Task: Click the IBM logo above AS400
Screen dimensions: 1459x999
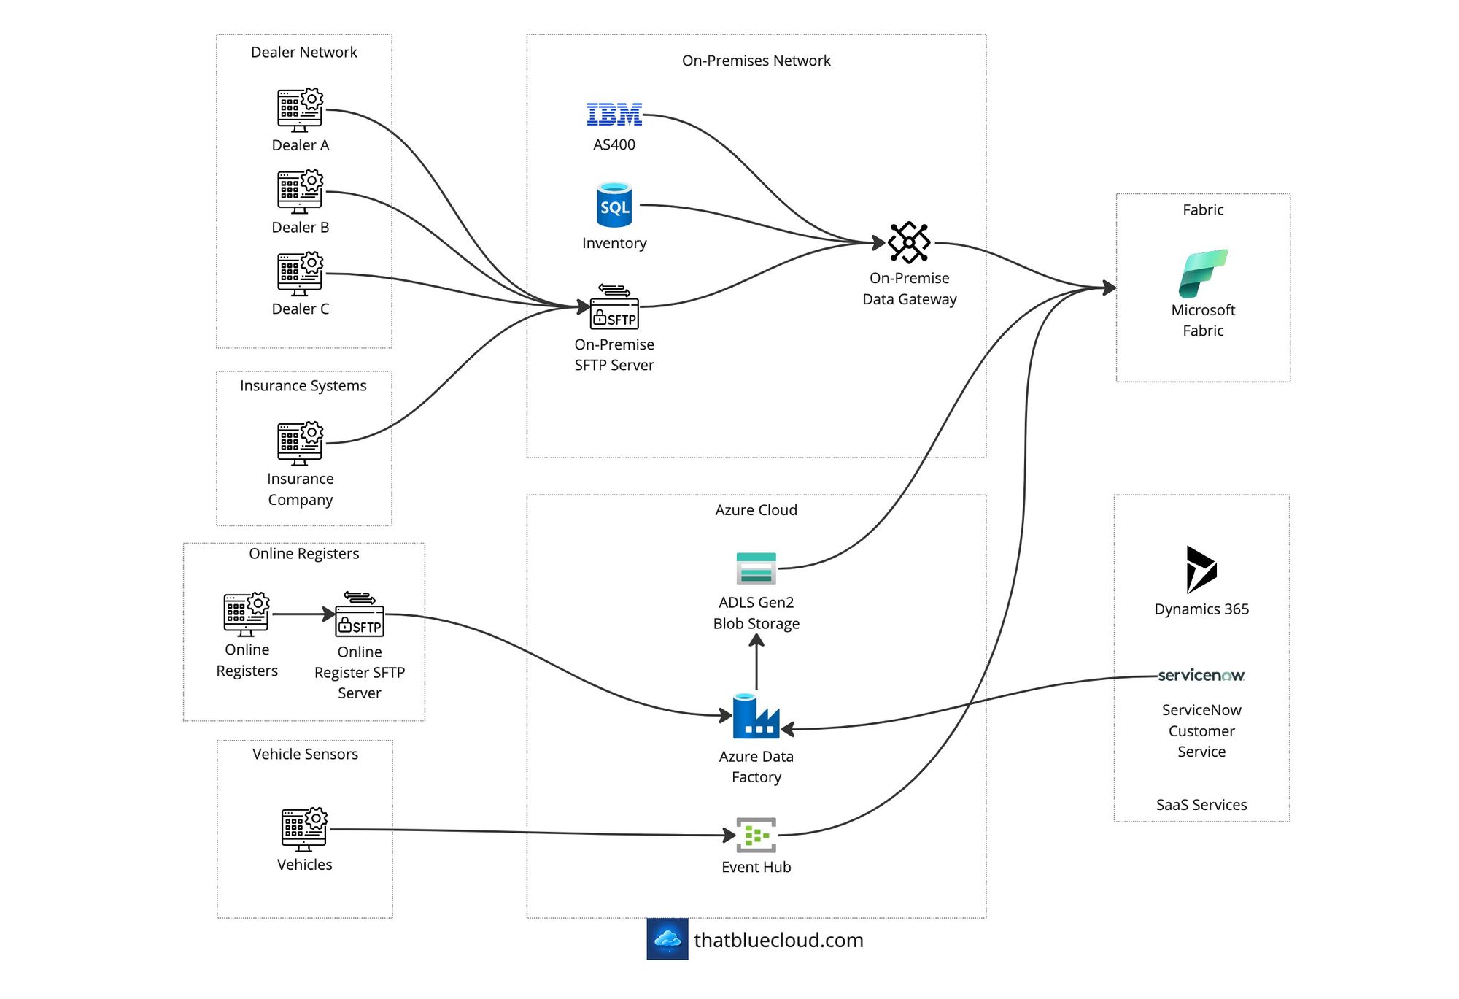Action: [x=614, y=114]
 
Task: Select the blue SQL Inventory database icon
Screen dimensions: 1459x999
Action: [x=614, y=204]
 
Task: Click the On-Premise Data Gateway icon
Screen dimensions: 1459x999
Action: [x=909, y=242]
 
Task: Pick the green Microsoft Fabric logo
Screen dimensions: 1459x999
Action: [x=1203, y=273]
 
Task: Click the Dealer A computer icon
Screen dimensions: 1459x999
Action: [x=300, y=110]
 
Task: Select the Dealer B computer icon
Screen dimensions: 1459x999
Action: [x=300, y=192]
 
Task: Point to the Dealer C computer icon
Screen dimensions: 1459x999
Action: [x=300, y=274]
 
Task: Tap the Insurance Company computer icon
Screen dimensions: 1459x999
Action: [x=300, y=443]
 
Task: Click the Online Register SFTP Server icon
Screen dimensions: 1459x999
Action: [x=360, y=614]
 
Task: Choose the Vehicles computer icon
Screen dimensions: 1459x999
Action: [x=304, y=829]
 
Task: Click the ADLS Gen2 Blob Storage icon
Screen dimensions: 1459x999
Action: [x=756, y=568]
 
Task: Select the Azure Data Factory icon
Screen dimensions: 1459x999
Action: [x=756, y=715]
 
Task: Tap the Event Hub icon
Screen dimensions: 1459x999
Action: [x=756, y=835]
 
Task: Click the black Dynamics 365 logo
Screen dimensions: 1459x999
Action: [x=1201, y=569]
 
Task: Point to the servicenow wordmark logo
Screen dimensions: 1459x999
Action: [x=1201, y=675]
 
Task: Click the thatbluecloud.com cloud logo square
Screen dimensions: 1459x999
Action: [x=667, y=939]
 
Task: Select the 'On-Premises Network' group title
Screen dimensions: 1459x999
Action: [x=756, y=61]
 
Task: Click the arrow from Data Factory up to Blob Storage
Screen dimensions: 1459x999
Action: [x=756, y=662]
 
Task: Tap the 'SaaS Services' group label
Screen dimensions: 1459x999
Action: [x=1201, y=805]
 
